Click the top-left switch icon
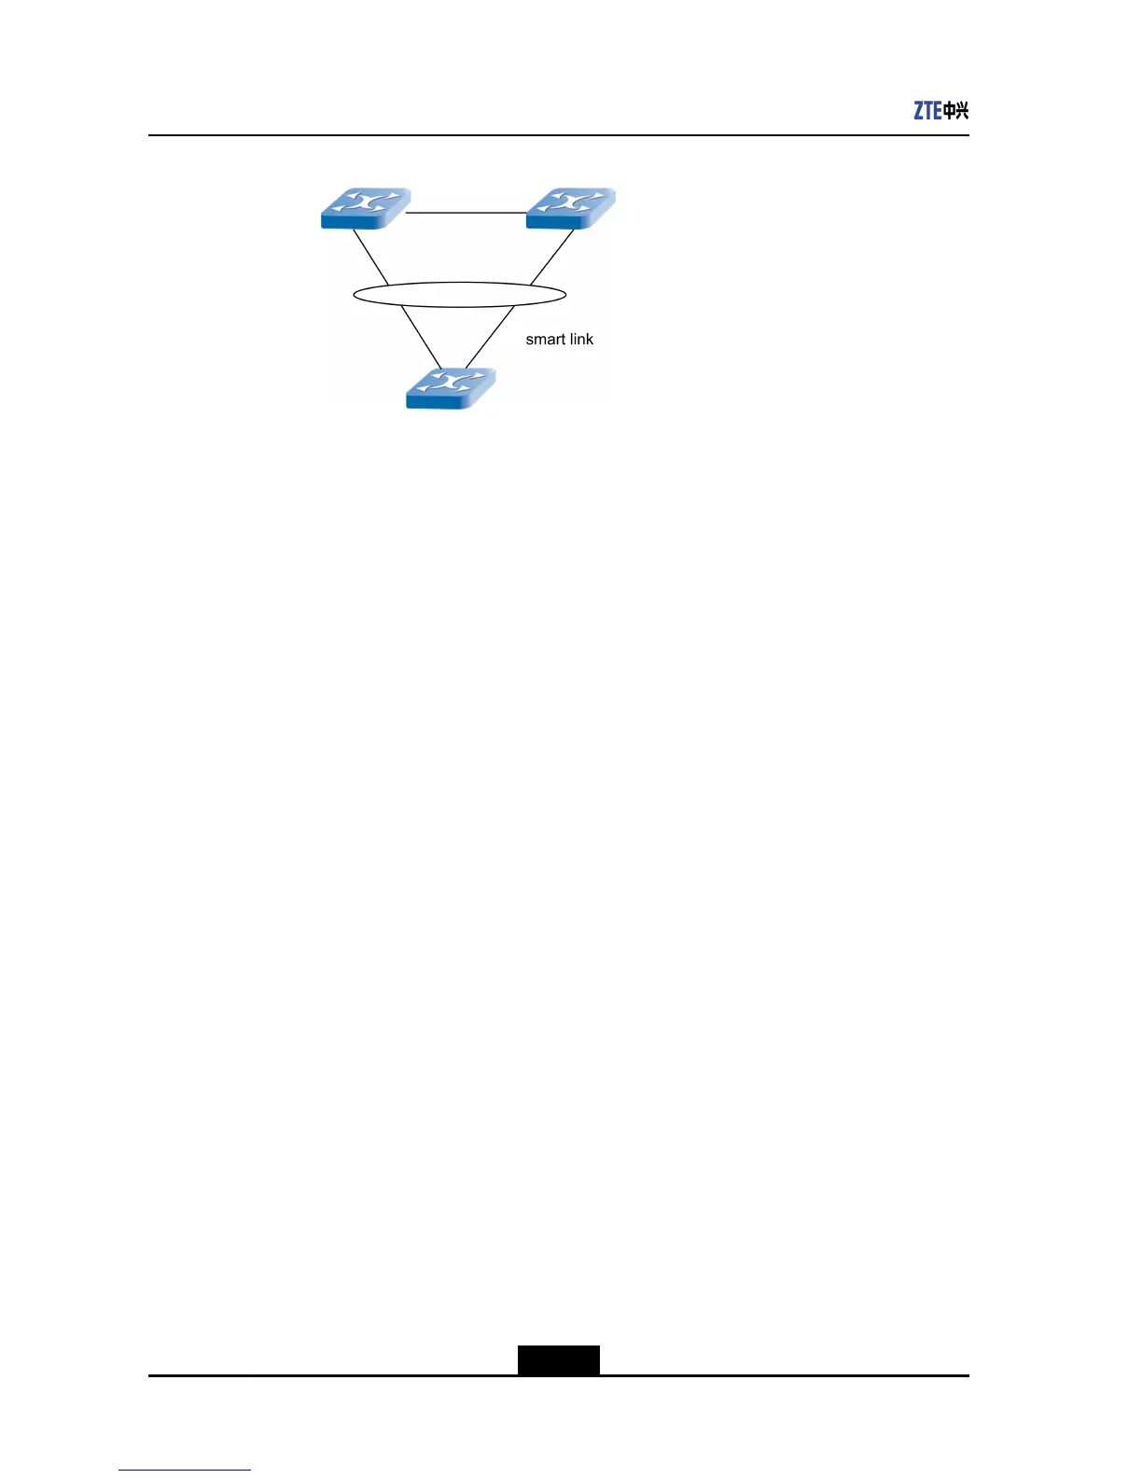(x=365, y=208)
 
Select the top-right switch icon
(x=570, y=208)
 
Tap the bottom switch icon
(x=450, y=388)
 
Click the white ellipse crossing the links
(x=459, y=295)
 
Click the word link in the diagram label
(x=581, y=340)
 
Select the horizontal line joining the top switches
(x=467, y=214)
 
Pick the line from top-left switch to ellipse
(x=370, y=257)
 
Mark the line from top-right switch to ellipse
(x=552, y=257)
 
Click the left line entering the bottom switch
(x=421, y=338)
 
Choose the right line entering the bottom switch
(x=489, y=338)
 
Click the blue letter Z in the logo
(x=919, y=111)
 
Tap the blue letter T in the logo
(x=928, y=111)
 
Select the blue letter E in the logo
(x=937, y=111)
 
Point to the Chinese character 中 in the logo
(x=949, y=111)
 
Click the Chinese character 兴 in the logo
(x=962, y=111)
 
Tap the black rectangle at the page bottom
(x=559, y=1359)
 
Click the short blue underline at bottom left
(x=185, y=1470)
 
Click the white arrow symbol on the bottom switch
(x=450, y=383)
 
